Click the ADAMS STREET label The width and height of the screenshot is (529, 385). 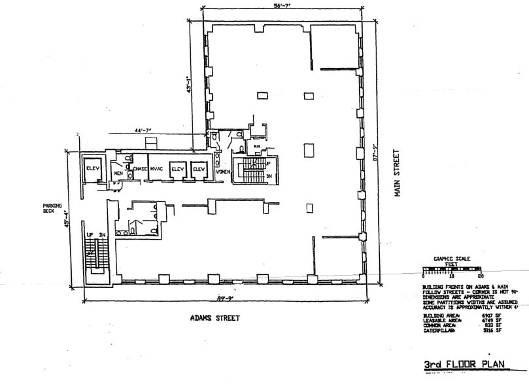[x=216, y=318]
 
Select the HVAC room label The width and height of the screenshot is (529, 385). [x=156, y=170]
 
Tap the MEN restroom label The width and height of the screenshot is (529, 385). [x=118, y=173]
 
